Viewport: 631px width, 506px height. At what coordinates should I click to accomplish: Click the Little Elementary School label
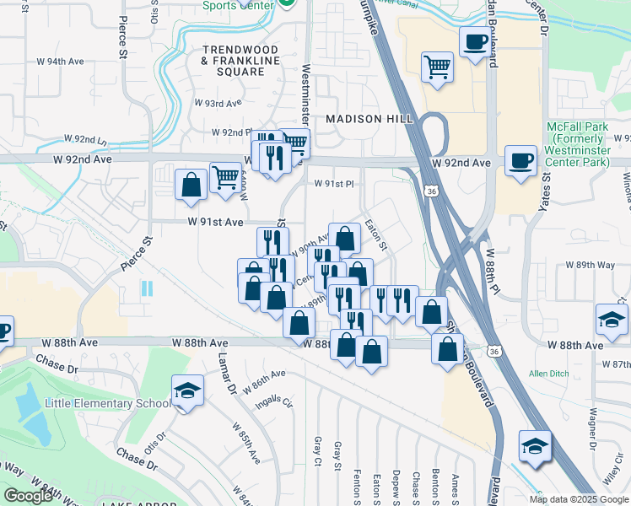106,403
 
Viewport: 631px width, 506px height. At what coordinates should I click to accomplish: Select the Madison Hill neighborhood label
366,119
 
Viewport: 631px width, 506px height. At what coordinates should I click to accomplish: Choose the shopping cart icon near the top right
437,66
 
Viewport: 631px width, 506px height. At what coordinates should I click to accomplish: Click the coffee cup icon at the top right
475,40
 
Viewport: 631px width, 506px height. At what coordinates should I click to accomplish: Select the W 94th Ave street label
65,62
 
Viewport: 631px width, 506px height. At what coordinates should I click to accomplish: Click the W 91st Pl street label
335,184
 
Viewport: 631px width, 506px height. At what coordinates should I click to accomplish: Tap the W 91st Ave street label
216,222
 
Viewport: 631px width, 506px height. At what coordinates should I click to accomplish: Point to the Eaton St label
375,236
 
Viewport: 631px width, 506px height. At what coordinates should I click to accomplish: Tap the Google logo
28,496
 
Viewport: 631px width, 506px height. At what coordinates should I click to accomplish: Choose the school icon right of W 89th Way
612,319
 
